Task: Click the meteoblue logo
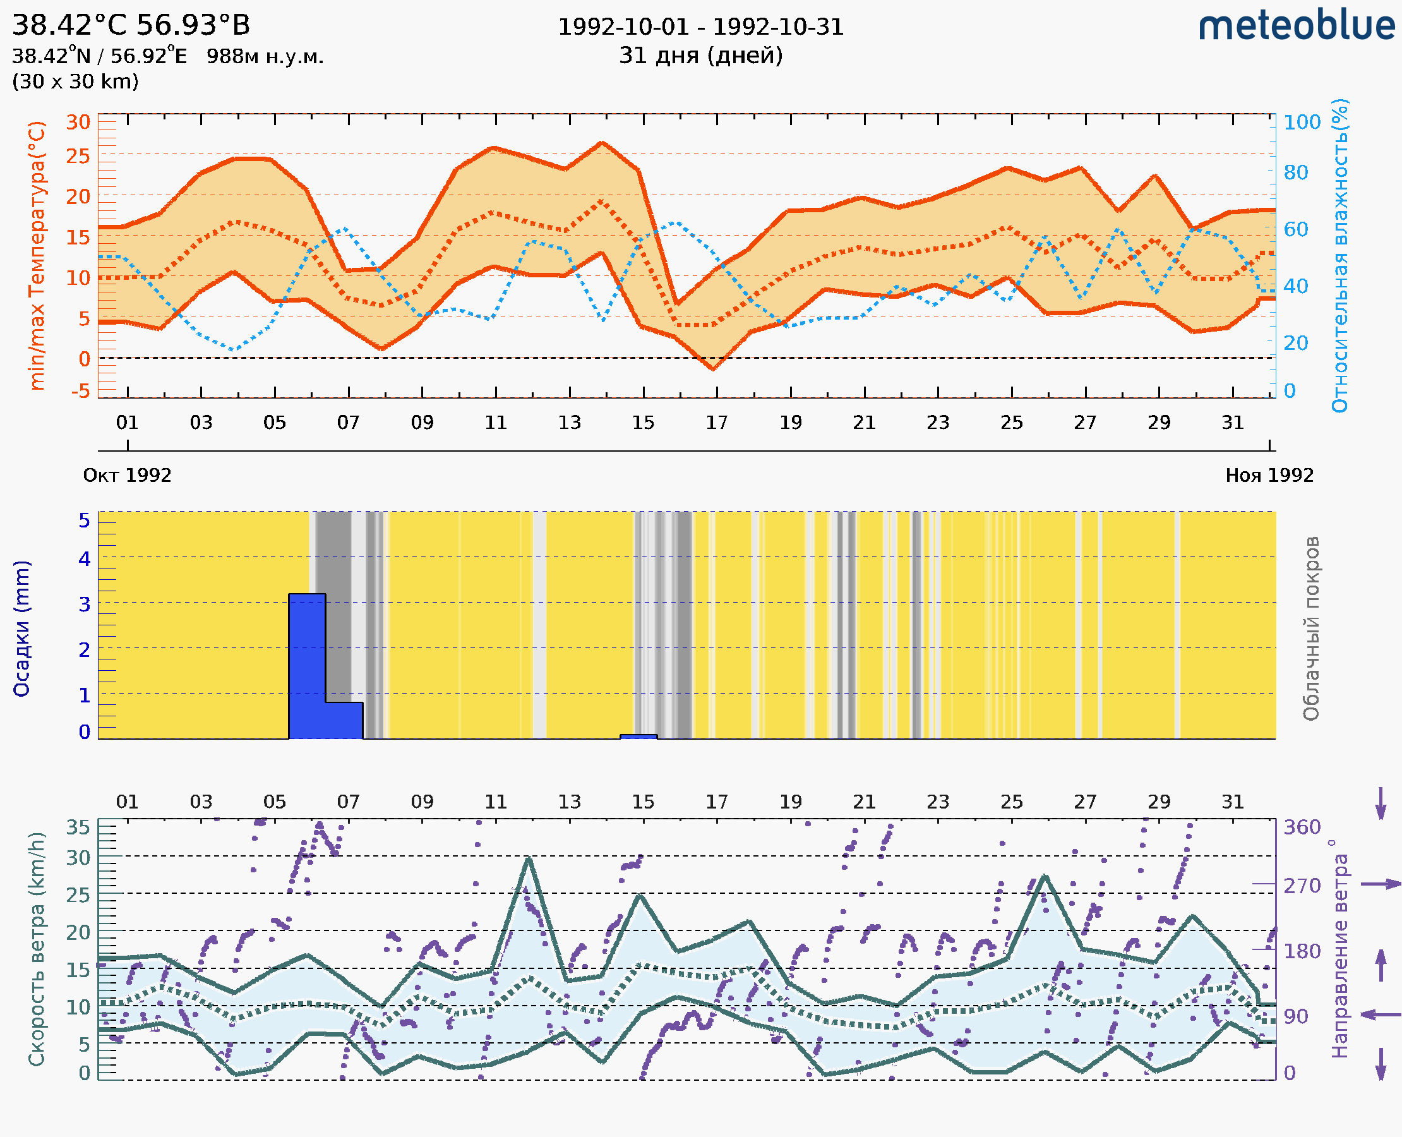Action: point(1296,26)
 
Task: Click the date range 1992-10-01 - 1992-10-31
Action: point(700,27)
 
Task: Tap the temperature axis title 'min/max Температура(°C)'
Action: point(37,255)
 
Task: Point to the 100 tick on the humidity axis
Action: point(1301,123)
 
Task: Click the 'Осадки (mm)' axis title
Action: point(21,628)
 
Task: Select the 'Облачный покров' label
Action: point(1310,628)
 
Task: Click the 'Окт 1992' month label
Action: point(127,475)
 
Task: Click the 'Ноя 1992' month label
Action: point(1269,475)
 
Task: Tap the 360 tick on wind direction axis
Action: point(1301,827)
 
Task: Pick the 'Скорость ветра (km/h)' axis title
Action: point(37,949)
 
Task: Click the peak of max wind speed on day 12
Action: point(529,858)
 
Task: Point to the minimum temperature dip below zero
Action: point(713,369)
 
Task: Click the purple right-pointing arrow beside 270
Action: point(1381,884)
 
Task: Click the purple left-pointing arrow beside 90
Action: point(1381,1015)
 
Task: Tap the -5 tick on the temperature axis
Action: point(81,391)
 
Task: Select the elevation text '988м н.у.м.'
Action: point(265,56)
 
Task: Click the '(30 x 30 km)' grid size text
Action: point(75,81)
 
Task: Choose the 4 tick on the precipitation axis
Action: point(85,558)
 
